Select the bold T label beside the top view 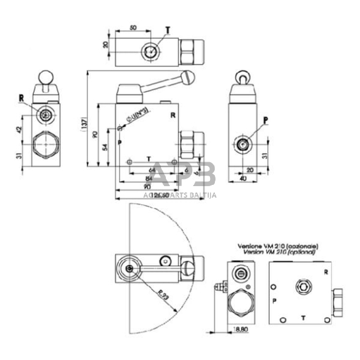(x=168, y=29)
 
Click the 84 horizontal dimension (x=149, y=179)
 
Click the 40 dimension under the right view (x=243, y=179)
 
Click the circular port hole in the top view (x=150, y=51)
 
